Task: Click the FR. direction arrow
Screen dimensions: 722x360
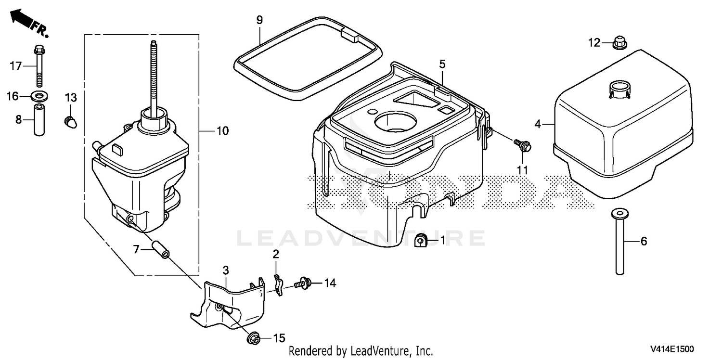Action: click(x=29, y=23)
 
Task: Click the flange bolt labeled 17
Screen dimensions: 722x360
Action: click(x=39, y=66)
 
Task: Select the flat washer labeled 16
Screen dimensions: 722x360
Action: click(x=39, y=96)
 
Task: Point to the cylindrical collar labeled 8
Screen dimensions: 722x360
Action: click(x=39, y=119)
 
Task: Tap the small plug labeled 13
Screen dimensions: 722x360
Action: click(x=71, y=122)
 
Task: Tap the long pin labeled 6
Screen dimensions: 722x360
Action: click(x=619, y=242)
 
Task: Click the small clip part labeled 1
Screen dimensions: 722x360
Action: click(x=421, y=241)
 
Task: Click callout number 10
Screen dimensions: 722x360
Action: click(x=222, y=131)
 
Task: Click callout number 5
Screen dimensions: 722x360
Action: click(x=442, y=64)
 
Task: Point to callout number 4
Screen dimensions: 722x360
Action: click(x=537, y=124)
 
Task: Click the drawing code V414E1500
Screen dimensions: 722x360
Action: click(x=672, y=349)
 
